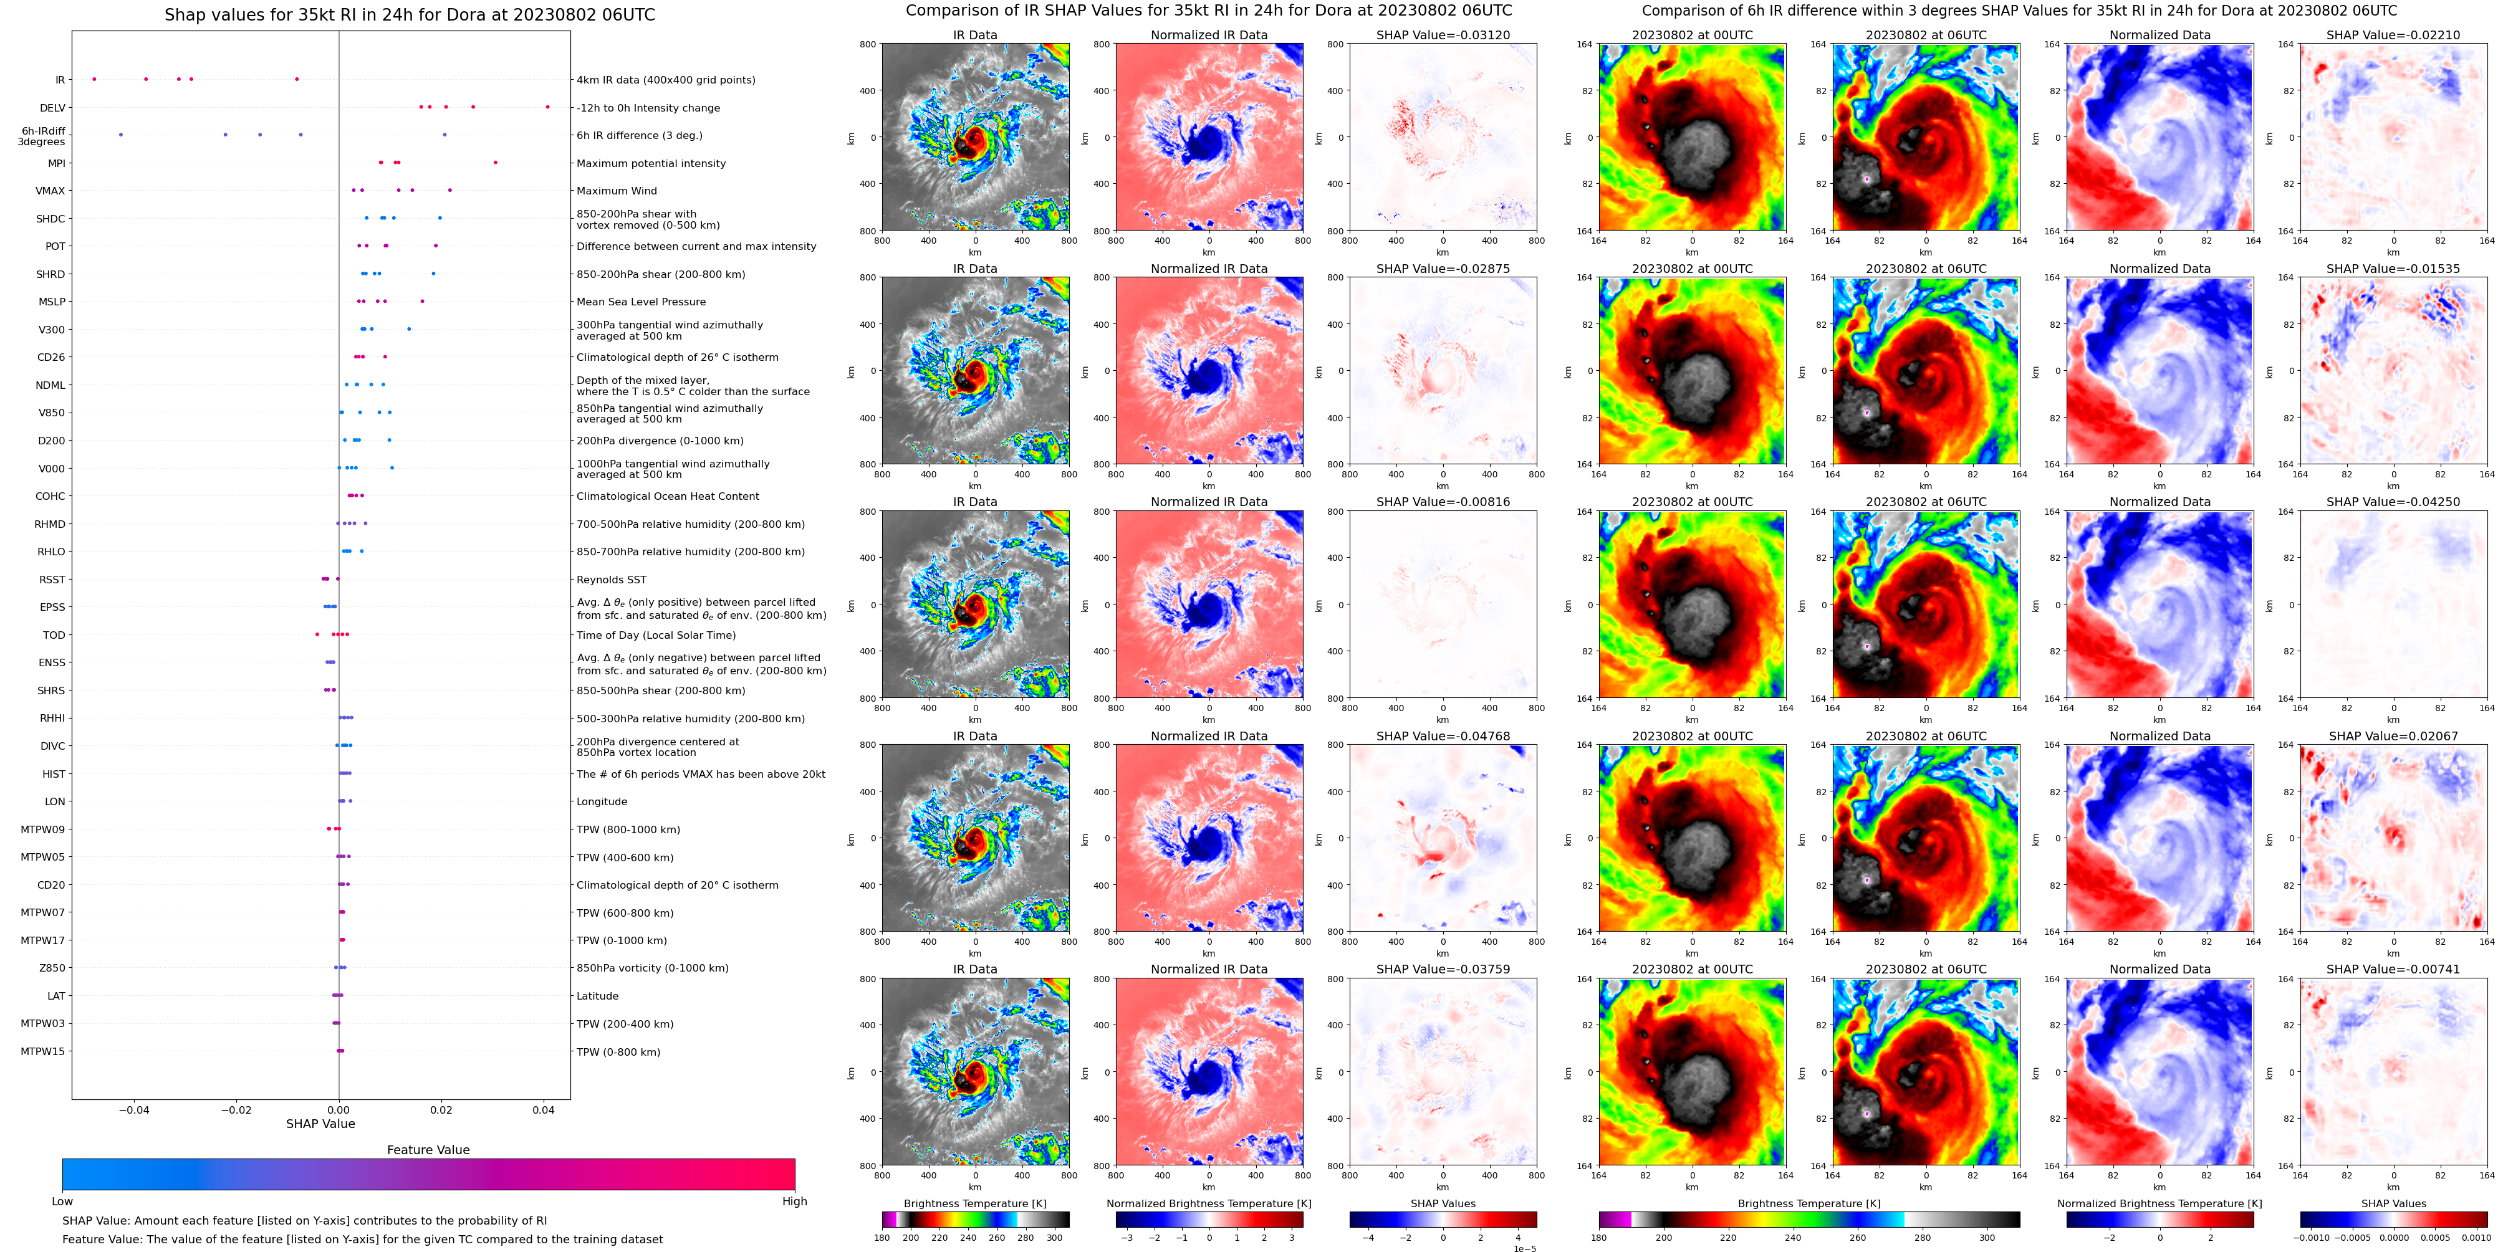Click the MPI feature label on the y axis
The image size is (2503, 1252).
pyautogui.click(x=56, y=163)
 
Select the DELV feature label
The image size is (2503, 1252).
pyautogui.click(x=52, y=108)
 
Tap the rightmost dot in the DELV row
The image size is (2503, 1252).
pyautogui.click(x=547, y=107)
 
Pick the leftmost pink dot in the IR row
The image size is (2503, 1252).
pyautogui.click(x=94, y=79)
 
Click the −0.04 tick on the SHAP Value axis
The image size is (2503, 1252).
pyautogui.click(x=133, y=1110)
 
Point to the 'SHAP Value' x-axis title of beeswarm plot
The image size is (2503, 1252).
pyautogui.click(x=320, y=1124)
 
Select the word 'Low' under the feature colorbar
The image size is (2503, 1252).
pyautogui.click(x=62, y=1202)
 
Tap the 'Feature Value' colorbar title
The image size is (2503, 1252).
pyautogui.click(x=428, y=1150)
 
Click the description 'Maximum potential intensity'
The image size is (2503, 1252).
pyautogui.click(x=650, y=163)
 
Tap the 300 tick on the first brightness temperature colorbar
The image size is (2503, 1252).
pyautogui.click(x=1054, y=1238)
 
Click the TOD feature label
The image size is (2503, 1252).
pyautogui.click(x=54, y=635)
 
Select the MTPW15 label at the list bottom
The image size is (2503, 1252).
pyautogui.click(x=43, y=1051)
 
